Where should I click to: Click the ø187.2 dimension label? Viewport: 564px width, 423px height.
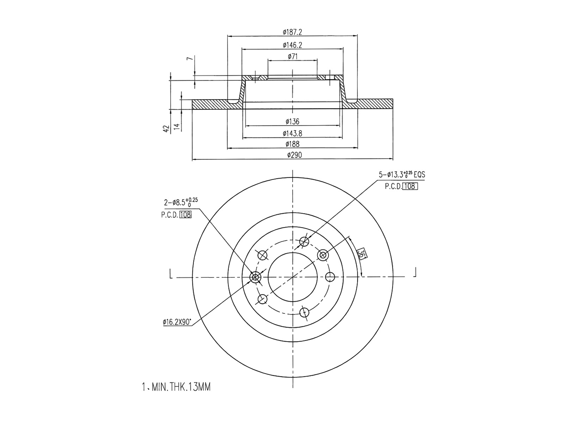pos(292,32)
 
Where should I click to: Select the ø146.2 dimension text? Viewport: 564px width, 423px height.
pos(292,45)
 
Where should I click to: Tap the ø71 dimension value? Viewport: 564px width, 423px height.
pos(292,56)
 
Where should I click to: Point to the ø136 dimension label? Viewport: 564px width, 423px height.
pos(292,122)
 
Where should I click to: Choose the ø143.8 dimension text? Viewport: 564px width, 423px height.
pos(292,133)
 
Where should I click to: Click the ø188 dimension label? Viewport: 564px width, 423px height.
pos(292,144)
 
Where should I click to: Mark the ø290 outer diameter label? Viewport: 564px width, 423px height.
pos(292,155)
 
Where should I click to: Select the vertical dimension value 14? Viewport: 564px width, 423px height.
pos(177,127)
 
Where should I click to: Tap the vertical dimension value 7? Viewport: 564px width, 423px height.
pos(191,59)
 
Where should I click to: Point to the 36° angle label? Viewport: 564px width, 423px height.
pos(361,254)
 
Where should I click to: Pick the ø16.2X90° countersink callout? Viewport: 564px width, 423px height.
pos(177,321)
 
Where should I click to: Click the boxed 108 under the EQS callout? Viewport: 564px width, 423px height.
pos(410,186)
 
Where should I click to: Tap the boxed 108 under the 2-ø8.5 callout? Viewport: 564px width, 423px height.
pos(185,215)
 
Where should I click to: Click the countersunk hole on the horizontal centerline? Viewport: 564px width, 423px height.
pos(255,277)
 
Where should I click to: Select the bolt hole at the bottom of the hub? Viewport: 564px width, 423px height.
pos(304,312)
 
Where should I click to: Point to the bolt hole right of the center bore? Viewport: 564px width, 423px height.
pos(330,277)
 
